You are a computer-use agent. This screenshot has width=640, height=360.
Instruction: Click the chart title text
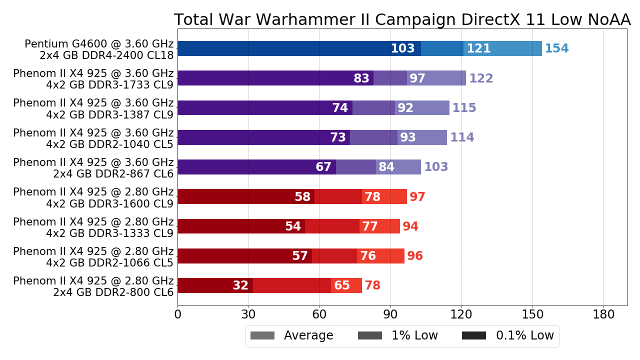coord(402,20)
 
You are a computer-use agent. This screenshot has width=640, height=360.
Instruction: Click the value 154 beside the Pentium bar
coord(556,49)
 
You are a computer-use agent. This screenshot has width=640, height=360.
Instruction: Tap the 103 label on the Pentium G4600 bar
coord(402,49)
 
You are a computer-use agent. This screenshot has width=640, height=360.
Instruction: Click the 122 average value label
coord(481,78)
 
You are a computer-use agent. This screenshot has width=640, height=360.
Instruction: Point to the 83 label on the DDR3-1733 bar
coord(361,78)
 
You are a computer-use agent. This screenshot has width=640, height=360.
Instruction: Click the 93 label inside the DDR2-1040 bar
coord(408,137)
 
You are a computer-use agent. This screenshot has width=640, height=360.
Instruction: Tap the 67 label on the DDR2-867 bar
coord(323,167)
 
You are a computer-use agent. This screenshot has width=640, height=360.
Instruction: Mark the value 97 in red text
coord(417,197)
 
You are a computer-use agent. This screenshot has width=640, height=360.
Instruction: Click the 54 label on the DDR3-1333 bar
coord(293,226)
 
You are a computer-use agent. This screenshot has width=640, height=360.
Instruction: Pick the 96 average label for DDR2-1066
coord(415,256)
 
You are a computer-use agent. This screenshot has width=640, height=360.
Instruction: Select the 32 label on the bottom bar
coord(240,285)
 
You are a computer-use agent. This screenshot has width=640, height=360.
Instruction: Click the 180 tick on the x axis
coord(603,315)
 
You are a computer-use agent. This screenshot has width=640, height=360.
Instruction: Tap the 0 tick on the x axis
coord(177,315)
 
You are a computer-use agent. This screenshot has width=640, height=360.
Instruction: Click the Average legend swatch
coord(262,335)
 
